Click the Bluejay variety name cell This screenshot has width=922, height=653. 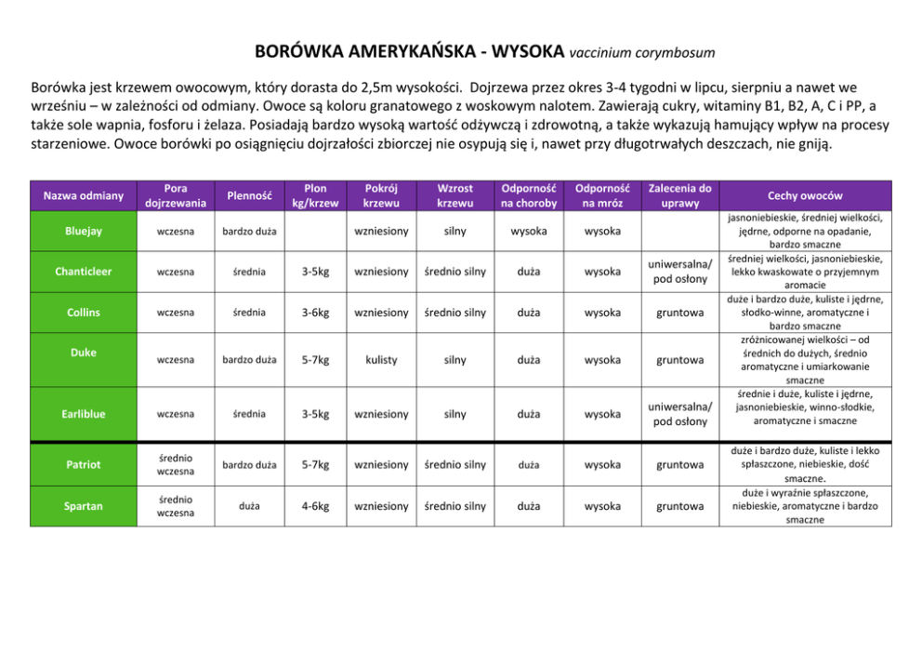click(x=84, y=231)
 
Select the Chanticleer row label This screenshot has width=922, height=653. click(x=84, y=272)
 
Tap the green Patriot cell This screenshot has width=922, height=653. click(x=84, y=464)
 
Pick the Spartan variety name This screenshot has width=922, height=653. click(x=84, y=506)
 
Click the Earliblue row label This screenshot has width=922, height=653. click(x=84, y=414)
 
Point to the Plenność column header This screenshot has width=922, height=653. click(x=249, y=195)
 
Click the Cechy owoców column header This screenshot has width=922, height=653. click(x=805, y=195)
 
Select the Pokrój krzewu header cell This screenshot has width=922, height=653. click(x=381, y=195)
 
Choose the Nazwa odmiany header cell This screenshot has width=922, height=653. click(x=84, y=195)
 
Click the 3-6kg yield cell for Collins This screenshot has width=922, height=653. click(x=315, y=313)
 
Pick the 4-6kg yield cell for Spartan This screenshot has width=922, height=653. click(x=315, y=506)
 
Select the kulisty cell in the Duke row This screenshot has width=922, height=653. click(x=381, y=359)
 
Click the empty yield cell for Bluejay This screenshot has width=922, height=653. click(x=315, y=231)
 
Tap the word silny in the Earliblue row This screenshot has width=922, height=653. click(x=455, y=414)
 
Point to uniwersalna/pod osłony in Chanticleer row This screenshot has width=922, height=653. click(x=679, y=272)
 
